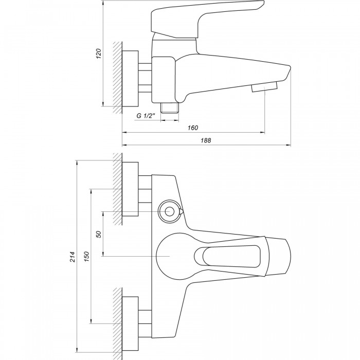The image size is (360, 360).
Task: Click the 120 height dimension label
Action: click(99, 53)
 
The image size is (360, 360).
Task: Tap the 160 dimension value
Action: click(193, 128)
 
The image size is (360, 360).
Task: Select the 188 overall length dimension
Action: click(206, 140)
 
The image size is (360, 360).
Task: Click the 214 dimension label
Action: click(73, 257)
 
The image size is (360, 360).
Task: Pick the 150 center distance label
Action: click(86, 257)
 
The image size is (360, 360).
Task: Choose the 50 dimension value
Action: click(99, 234)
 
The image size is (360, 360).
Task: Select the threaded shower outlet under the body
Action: click(170, 107)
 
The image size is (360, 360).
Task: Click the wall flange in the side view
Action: click(130, 79)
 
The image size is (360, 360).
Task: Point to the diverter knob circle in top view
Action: click(170, 211)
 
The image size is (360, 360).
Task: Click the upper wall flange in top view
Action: click(130, 189)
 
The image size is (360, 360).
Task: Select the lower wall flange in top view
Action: click(130, 323)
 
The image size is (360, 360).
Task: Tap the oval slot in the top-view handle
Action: click(227, 256)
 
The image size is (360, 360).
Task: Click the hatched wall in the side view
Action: click(118, 78)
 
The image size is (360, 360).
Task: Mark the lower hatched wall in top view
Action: click(118, 323)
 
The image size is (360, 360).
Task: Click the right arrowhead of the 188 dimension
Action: click(289, 145)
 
